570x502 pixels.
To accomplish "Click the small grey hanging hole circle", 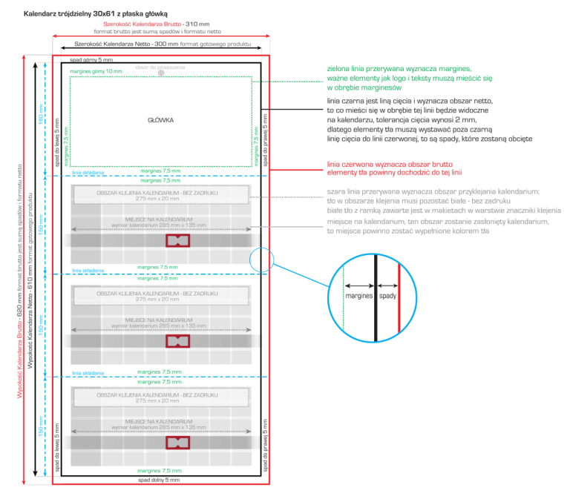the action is click(160, 73).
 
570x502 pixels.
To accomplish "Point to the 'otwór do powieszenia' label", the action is click(160, 67).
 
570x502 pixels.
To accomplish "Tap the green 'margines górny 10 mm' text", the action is click(95, 71).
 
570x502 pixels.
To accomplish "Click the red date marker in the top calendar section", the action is click(177, 241).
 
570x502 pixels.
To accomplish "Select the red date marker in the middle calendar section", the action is click(177, 340).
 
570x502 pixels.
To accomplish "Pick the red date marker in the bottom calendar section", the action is click(177, 442).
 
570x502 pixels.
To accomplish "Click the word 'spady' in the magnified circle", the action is click(387, 296).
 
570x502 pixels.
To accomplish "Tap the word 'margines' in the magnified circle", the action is click(359, 296).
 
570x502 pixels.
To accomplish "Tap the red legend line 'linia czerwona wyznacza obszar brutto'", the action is click(390, 164).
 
